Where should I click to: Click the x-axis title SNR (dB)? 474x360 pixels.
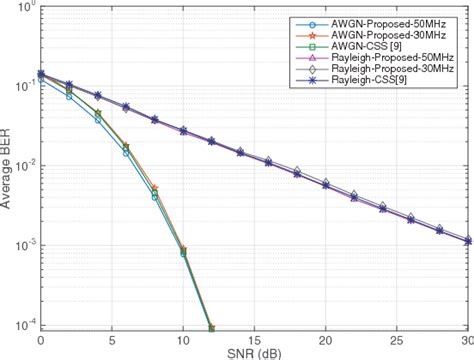click(255, 351)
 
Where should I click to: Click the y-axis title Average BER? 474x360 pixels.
click(9, 166)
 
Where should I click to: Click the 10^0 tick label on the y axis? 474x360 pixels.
click(24, 8)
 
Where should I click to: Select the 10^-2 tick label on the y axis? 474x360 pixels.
click(24, 166)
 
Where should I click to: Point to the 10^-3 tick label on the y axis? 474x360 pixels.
click(24, 246)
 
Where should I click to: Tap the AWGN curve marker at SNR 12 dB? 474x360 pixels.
click(212, 327)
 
